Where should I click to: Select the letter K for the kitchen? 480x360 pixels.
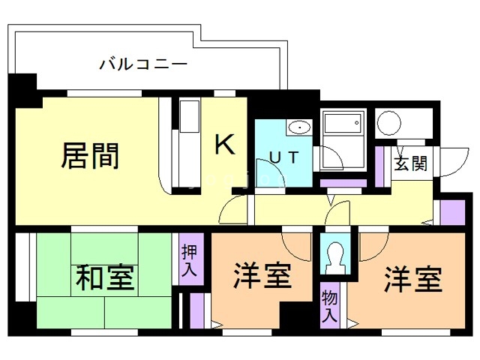pos(226,144)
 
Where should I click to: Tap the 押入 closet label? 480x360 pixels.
pos(189,259)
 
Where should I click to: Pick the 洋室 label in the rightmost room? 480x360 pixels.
pos(413,280)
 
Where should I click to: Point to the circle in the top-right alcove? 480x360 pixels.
pos(389,122)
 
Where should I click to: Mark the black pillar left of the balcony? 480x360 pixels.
pos(22,86)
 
